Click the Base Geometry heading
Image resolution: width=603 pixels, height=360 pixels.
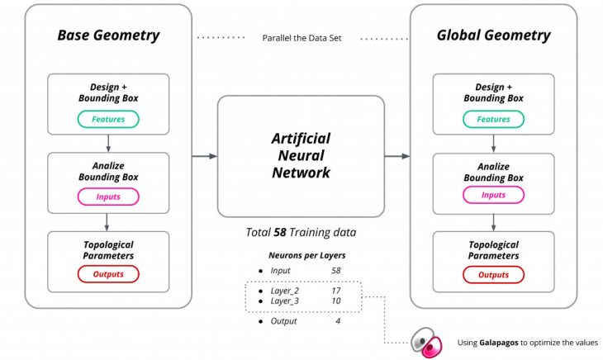(x=108, y=36)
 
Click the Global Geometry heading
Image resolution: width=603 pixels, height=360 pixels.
(x=493, y=36)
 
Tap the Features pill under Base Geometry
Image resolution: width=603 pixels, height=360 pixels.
(x=108, y=120)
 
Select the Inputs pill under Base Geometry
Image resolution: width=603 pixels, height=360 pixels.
(x=108, y=197)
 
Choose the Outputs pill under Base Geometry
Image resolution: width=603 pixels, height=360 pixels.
(x=108, y=274)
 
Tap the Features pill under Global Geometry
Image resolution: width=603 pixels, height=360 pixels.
(x=493, y=120)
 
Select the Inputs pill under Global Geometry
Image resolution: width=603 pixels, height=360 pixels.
(x=493, y=197)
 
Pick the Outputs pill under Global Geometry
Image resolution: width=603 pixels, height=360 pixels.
(x=493, y=274)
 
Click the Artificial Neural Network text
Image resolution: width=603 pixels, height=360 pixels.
(x=301, y=155)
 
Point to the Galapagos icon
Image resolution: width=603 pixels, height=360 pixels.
(x=426, y=342)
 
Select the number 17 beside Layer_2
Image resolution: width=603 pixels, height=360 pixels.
(x=335, y=291)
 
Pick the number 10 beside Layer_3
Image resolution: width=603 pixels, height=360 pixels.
(x=335, y=301)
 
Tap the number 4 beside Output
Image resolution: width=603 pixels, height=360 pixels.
(x=337, y=321)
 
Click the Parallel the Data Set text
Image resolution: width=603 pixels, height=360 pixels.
(x=301, y=38)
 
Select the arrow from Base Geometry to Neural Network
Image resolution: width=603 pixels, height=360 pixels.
(x=204, y=155)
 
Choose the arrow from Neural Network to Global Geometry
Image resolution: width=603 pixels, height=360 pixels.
(x=397, y=155)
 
